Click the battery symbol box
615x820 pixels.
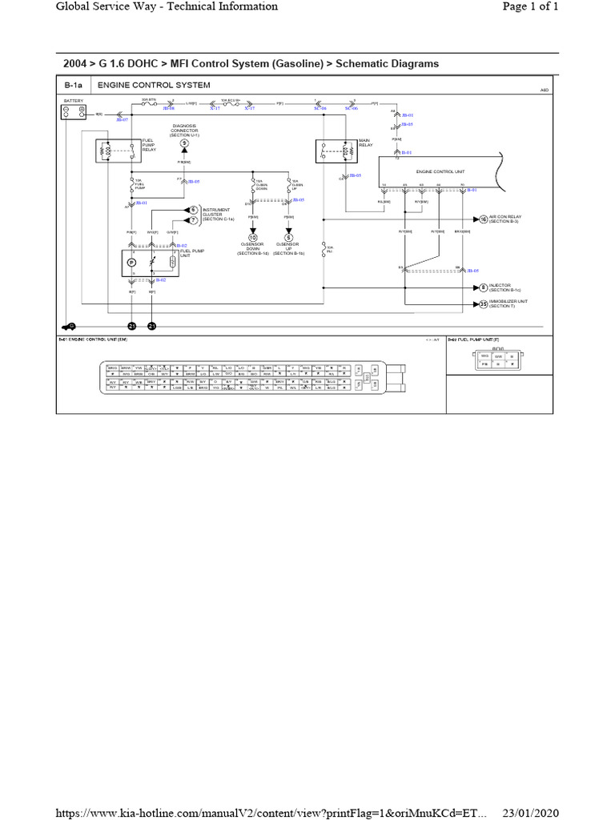point(74,112)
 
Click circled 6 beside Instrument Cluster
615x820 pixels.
point(193,208)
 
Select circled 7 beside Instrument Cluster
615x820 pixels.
point(193,219)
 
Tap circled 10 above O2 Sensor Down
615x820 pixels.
point(253,238)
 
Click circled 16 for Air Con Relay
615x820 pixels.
point(483,218)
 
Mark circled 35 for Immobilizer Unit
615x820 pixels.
point(483,304)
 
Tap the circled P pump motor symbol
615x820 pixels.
point(132,262)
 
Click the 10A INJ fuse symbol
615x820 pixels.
point(323,249)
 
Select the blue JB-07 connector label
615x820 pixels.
point(123,119)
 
